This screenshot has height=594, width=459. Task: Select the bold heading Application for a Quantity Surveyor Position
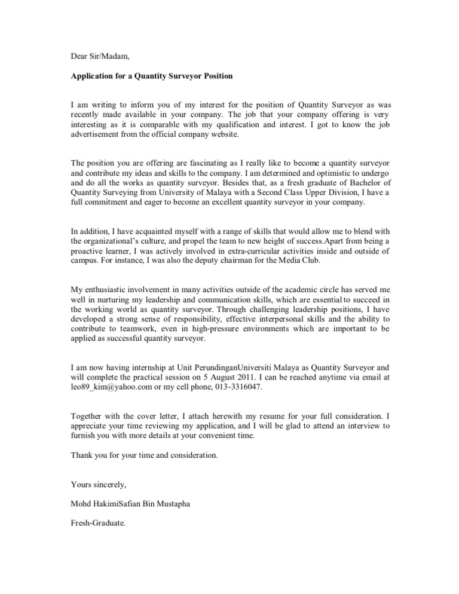click(152, 76)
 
